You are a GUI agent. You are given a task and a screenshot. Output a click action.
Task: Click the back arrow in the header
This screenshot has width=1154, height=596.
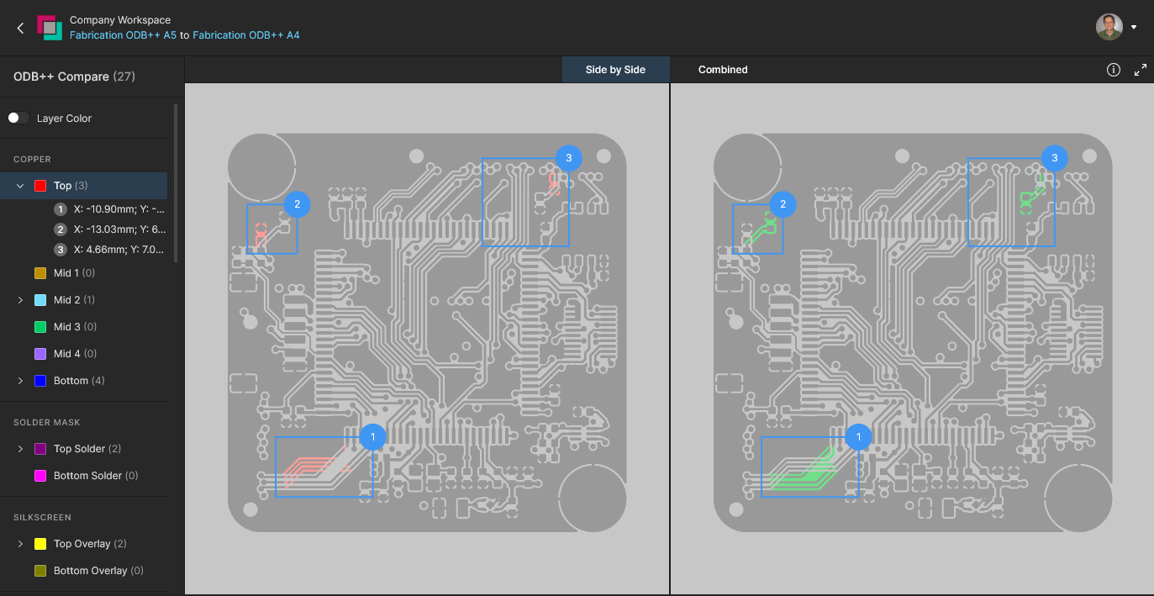coord(21,28)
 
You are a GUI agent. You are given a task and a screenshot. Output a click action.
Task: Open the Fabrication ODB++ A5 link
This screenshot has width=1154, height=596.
coord(123,35)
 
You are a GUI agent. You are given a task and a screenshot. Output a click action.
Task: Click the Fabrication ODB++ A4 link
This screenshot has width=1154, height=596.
coord(245,35)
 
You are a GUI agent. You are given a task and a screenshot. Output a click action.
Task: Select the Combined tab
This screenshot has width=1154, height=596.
coord(723,70)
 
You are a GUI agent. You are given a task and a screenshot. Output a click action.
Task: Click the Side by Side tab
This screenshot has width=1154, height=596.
coord(615,70)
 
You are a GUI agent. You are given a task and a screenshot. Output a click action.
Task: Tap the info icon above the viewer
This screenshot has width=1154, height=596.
coord(1114,70)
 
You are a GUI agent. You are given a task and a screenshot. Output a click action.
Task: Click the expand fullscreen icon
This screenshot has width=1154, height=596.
coord(1140,70)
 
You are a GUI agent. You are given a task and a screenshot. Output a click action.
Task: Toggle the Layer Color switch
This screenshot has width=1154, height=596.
coord(18,118)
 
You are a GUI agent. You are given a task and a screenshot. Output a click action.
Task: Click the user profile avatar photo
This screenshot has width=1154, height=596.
coord(1109,27)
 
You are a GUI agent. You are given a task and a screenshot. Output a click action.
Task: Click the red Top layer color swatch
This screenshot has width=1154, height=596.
coord(40,186)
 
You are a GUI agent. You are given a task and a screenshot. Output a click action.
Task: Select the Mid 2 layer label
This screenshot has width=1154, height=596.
coord(67,300)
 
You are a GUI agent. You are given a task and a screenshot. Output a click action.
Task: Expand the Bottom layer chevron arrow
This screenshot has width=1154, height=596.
coord(20,381)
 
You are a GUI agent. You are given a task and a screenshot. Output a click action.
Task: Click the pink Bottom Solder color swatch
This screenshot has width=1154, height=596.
coord(40,476)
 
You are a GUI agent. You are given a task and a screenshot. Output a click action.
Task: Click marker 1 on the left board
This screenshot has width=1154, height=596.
coord(372,437)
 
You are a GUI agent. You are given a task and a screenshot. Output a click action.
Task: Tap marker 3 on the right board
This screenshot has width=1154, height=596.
coord(1054,158)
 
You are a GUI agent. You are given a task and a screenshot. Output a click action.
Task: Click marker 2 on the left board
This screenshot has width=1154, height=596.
coord(297,204)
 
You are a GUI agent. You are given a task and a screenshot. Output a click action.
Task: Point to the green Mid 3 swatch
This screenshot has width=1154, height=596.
coord(40,327)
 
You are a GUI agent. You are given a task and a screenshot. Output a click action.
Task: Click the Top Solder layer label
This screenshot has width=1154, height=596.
coord(79,449)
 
